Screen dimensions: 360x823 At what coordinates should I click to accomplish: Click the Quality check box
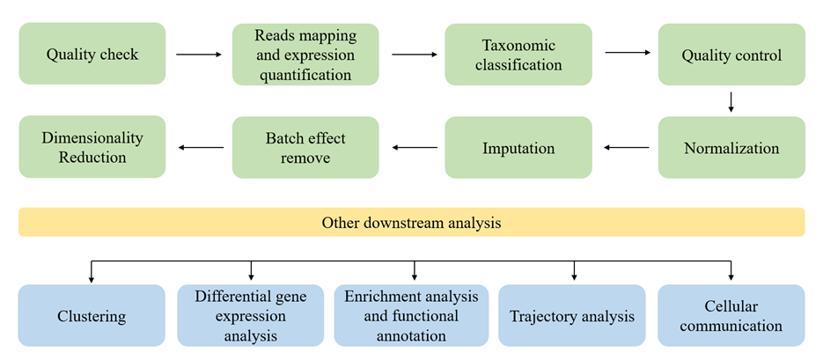coord(92,55)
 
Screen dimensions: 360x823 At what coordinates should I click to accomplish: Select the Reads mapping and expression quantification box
coord(305,55)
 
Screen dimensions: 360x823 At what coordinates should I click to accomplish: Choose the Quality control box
coord(731,55)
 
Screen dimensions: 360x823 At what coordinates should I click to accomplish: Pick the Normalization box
coord(731,148)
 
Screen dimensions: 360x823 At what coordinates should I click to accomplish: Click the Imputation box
coord(518,148)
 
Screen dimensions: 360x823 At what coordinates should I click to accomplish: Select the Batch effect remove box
coord(305,148)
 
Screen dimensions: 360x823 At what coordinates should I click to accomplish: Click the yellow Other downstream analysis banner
coord(411,223)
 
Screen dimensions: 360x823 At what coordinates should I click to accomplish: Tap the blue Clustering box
coord(92,315)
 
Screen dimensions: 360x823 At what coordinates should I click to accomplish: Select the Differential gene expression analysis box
coord(251,315)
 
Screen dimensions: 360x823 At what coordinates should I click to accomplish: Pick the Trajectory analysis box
coord(572,315)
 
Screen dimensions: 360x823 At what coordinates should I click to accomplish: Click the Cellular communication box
coord(731,315)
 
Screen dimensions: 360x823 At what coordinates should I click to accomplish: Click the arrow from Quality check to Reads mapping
coord(198,55)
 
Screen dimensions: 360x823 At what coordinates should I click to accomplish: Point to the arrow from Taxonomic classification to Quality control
coord(626,53)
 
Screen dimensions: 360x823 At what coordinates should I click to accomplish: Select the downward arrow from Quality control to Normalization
coord(731,102)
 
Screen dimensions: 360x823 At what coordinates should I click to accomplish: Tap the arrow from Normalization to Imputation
coord(626,148)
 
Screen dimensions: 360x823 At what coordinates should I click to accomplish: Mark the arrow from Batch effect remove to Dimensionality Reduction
coord(200,148)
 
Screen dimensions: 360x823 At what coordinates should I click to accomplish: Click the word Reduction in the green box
coord(92,158)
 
